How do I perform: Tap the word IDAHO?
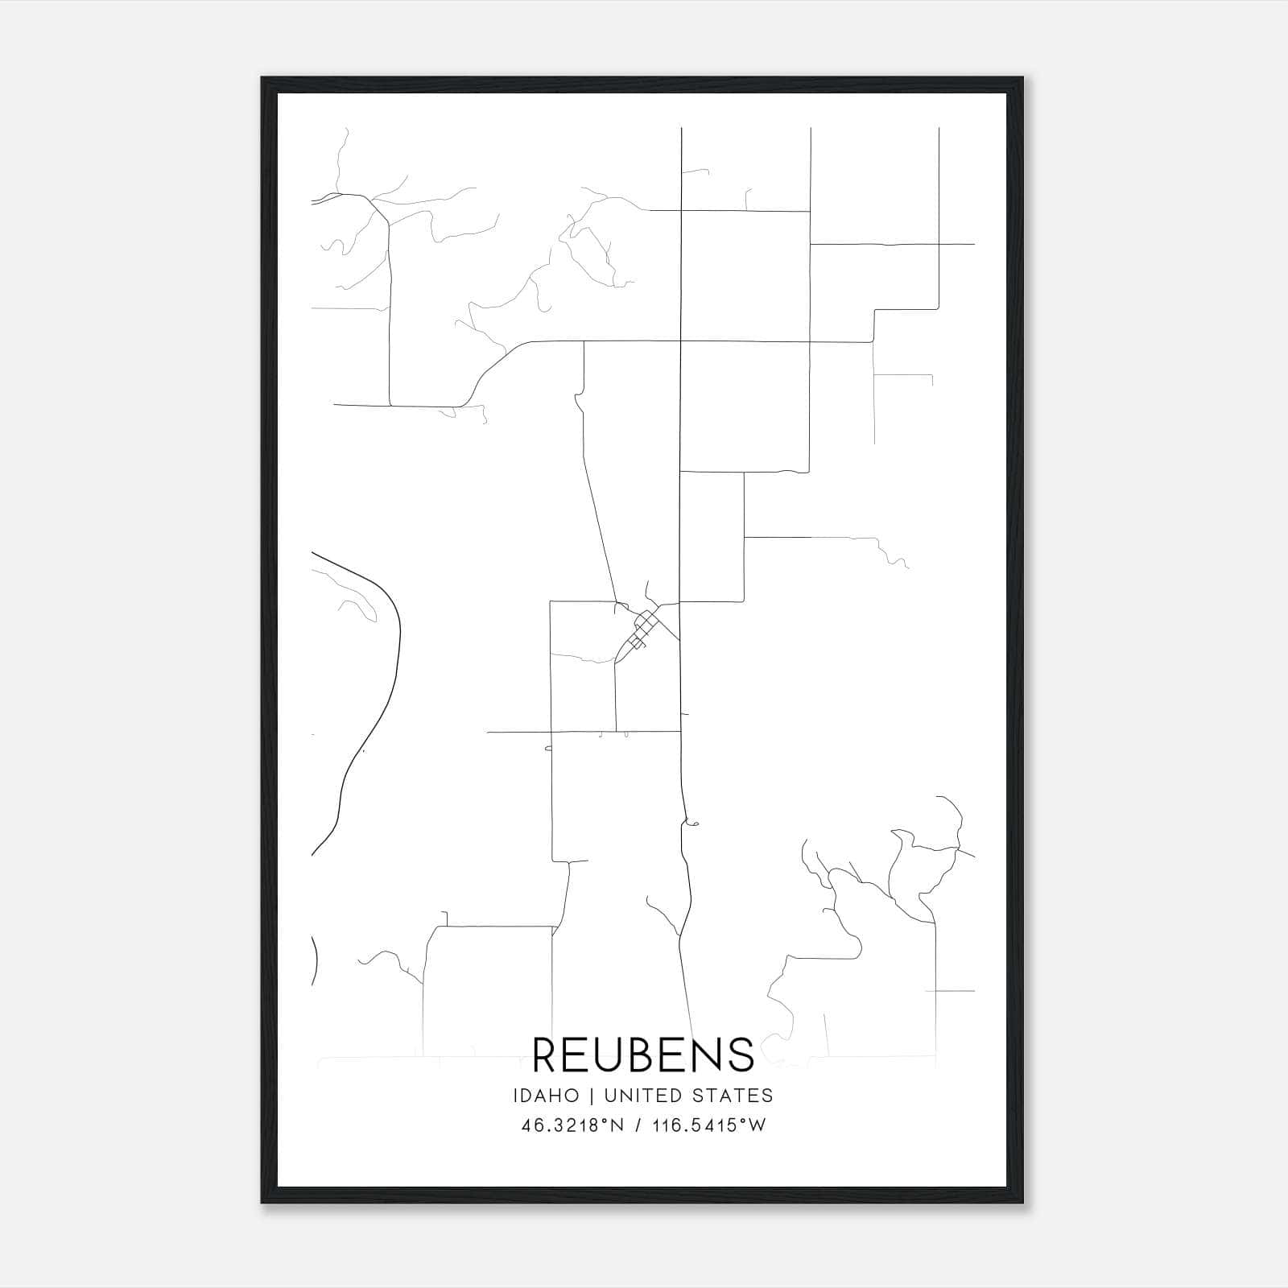[545, 1095]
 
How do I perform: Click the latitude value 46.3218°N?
[572, 1125]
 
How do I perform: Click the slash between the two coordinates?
[638, 1125]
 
